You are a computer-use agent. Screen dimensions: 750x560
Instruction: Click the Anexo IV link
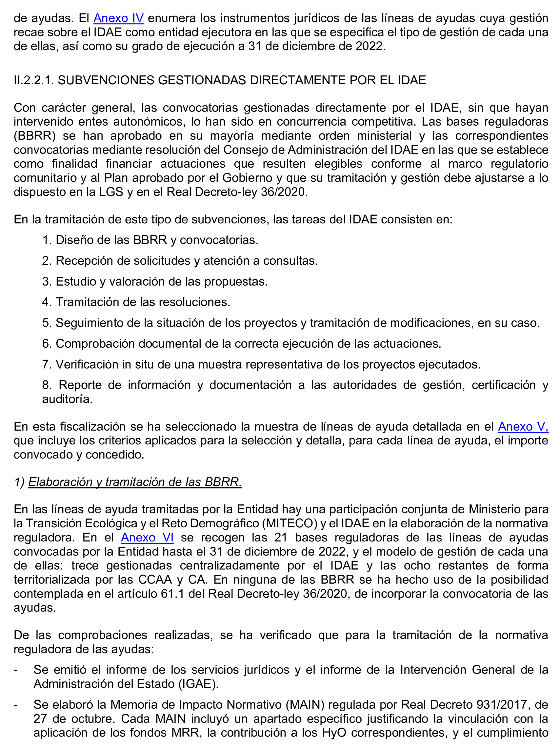118,18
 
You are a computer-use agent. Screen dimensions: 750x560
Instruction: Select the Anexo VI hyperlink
147,537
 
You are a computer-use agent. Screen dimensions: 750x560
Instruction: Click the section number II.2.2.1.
33,80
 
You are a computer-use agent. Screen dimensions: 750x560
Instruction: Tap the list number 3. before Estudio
46,282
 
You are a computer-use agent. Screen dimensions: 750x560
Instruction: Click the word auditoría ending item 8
67,399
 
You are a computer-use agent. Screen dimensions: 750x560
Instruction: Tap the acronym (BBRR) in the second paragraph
35,136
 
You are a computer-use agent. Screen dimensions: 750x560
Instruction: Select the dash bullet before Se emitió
16,670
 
